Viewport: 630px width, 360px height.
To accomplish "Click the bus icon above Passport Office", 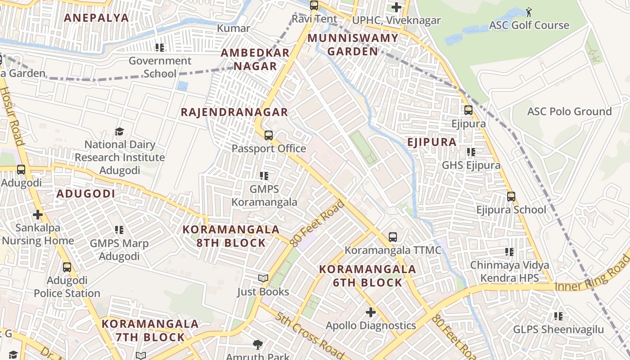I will coord(269,135).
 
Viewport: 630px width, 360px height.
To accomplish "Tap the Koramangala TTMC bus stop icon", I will coord(393,237).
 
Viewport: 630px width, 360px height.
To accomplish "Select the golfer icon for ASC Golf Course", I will coord(529,11).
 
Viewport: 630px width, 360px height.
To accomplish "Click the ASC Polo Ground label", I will coord(569,112).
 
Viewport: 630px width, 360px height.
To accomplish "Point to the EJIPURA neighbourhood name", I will coord(432,142).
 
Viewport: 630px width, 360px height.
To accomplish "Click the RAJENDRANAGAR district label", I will coord(234,112).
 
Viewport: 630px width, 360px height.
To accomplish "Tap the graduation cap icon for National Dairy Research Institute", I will coord(119,131).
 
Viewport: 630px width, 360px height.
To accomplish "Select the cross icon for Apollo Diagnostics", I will coord(371,312).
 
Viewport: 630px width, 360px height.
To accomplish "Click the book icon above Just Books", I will coord(263,279).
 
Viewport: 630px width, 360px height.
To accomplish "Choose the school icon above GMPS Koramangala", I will coord(264,176).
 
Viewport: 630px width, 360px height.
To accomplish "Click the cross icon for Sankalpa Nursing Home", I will coord(38,215).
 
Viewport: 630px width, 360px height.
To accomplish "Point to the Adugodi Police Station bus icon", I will coord(67,267).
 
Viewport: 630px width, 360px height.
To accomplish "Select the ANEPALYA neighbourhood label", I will coord(96,18).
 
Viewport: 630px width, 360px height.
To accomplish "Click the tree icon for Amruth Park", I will coord(258,345).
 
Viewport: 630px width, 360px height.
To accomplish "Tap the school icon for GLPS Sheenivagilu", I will coord(558,316).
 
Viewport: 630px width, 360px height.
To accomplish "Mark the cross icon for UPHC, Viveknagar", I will coord(396,7).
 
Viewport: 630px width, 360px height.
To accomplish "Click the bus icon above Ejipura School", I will coord(511,197).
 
